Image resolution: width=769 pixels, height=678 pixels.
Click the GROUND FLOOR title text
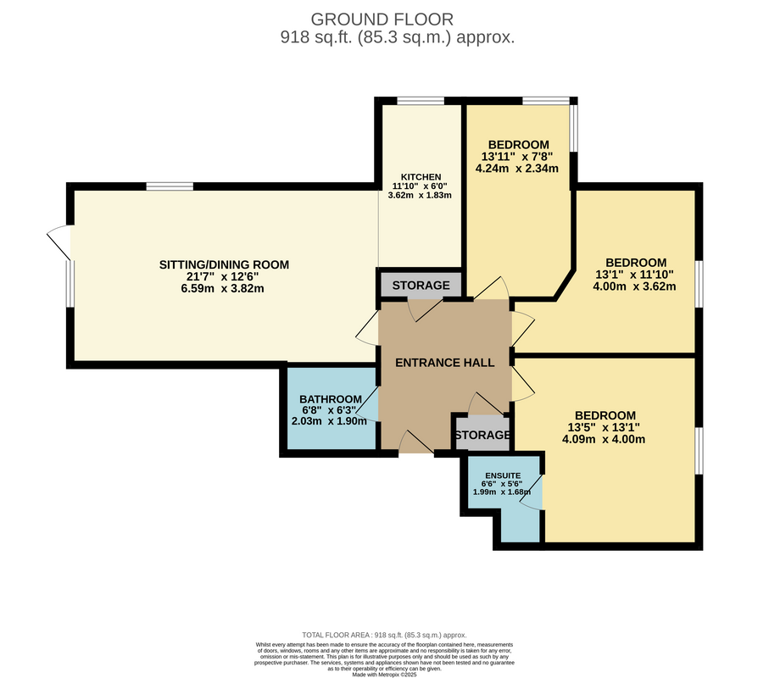click(x=382, y=19)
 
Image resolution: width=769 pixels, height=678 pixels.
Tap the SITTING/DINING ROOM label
click(x=224, y=264)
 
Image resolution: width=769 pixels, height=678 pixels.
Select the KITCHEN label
click(x=421, y=177)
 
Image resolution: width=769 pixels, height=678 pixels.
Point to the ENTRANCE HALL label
click(x=445, y=363)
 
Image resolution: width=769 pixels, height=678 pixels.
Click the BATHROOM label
click(x=331, y=399)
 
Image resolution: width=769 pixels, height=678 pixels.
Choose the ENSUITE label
click(x=503, y=475)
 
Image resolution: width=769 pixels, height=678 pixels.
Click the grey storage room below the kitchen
click(x=421, y=285)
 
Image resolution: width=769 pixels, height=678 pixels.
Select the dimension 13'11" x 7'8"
click(x=517, y=157)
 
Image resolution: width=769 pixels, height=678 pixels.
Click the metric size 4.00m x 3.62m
click(x=634, y=286)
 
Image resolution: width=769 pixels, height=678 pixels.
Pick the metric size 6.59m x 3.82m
click(x=222, y=288)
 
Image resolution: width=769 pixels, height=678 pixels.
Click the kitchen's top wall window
click(x=421, y=101)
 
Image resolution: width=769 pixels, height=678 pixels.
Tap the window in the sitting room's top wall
click(x=170, y=186)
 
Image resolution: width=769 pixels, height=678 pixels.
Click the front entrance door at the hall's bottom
click(x=416, y=442)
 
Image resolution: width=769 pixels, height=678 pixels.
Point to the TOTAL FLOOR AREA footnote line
click(x=384, y=635)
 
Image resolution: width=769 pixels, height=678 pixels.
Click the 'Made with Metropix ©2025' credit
click(x=384, y=675)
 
